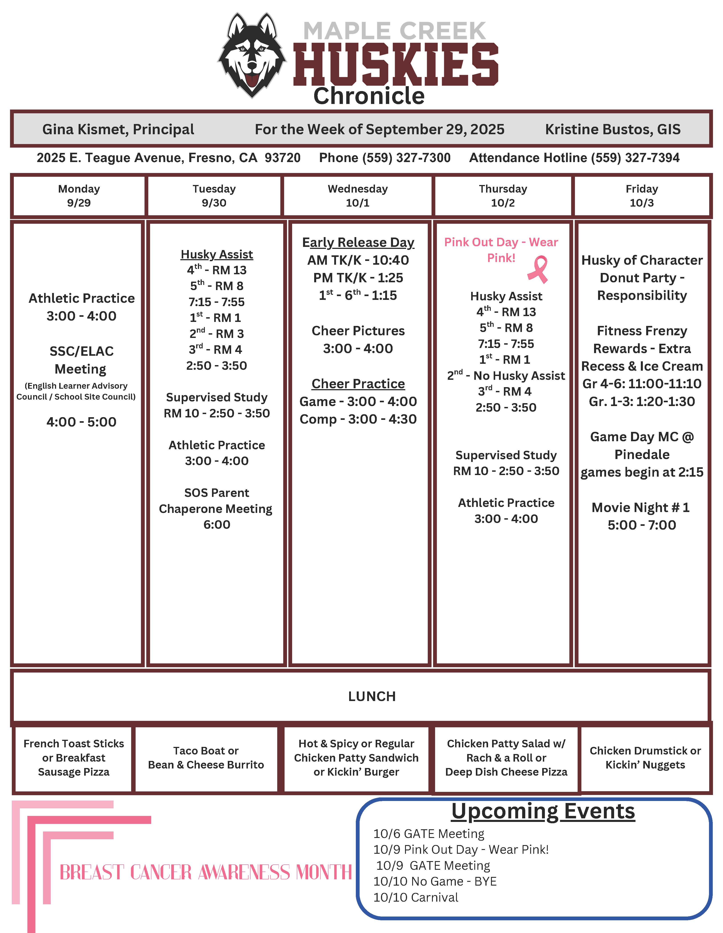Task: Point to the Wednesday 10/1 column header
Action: click(x=358, y=196)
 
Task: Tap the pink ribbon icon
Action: click(x=538, y=269)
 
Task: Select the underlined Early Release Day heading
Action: click(x=358, y=242)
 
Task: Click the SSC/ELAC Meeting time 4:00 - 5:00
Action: click(x=81, y=422)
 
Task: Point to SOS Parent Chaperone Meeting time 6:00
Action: click(x=217, y=524)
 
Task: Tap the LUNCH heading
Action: click(x=372, y=696)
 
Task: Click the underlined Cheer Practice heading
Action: click(x=358, y=384)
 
